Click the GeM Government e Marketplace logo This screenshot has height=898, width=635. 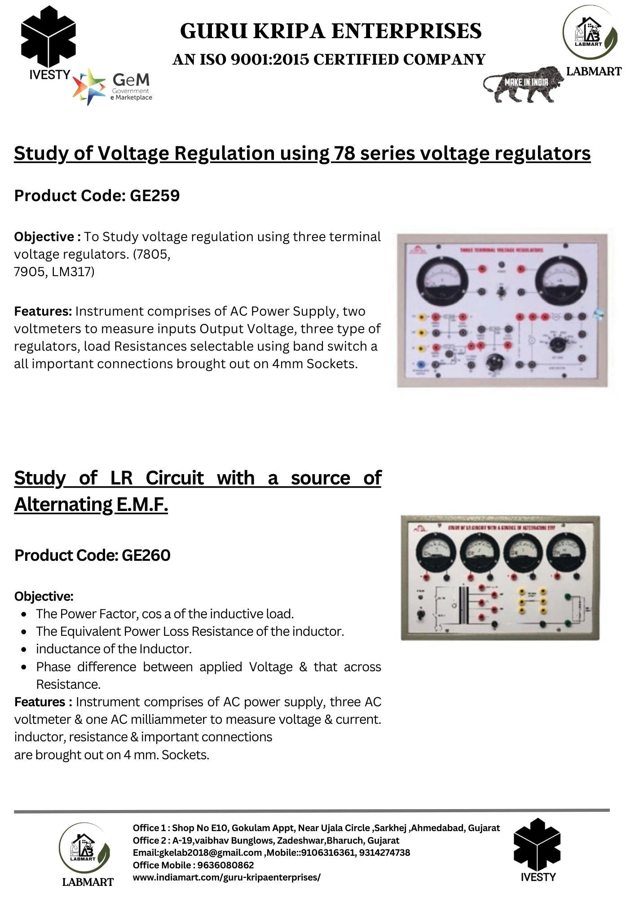[x=112, y=87]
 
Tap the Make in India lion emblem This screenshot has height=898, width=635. [x=523, y=84]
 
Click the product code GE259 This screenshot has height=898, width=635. [x=154, y=196]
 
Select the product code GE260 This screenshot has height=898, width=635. [x=146, y=555]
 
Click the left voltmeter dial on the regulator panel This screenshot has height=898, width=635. [x=442, y=280]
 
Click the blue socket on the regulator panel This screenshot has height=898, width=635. [x=421, y=365]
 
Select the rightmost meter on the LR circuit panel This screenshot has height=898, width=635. [x=566, y=551]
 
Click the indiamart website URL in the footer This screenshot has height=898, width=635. [x=226, y=877]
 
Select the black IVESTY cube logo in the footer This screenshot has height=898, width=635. [x=537, y=844]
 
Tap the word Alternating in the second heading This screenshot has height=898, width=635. [x=63, y=505]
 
